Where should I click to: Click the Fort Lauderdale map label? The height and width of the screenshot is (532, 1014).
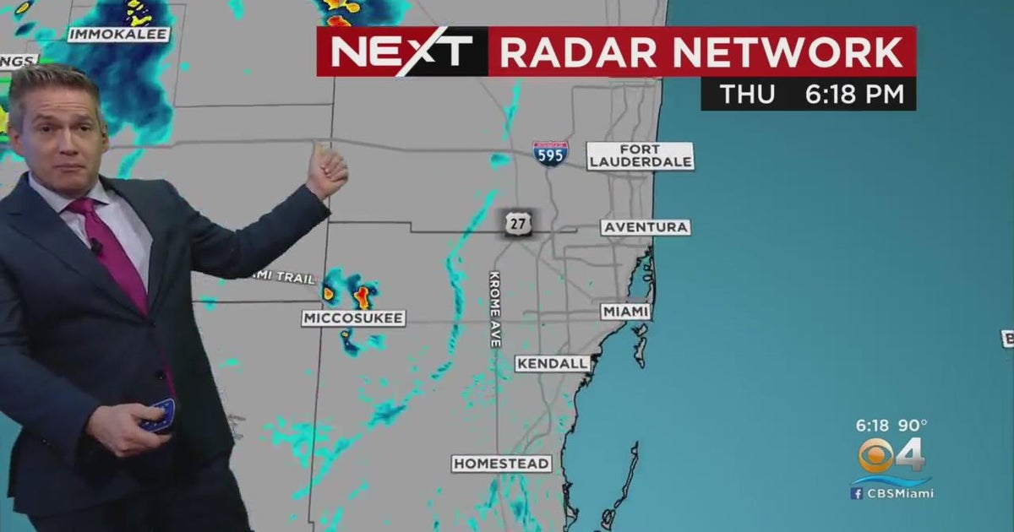tap(641, 156)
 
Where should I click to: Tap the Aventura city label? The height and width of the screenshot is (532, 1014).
tap(646, 227)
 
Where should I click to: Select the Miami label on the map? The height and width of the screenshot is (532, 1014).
tap(626, 312)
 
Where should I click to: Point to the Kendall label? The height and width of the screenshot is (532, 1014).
tap(553, 363)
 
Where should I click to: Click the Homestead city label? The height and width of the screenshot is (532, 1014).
tap(501, 464)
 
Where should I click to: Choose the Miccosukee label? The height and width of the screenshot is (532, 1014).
tap(354, 318)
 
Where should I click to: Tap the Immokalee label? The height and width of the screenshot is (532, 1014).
tap(118, 35)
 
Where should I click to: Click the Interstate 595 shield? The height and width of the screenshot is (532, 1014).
tap(550, 154)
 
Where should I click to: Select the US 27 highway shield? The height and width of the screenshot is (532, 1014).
tap(515, 224)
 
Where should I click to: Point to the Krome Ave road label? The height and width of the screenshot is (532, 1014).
tap(495, 309)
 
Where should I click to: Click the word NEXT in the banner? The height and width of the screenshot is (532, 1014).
tap(401, 52)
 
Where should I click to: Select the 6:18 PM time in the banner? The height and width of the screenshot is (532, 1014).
tap(854, 95)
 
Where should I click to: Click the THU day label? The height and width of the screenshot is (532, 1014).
tap(746, 95)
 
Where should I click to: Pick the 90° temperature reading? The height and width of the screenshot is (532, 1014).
tap(913, 425)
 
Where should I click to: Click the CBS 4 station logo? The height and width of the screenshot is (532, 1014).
tap(891, 456)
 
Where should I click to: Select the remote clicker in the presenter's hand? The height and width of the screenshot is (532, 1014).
tap(158, 415)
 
